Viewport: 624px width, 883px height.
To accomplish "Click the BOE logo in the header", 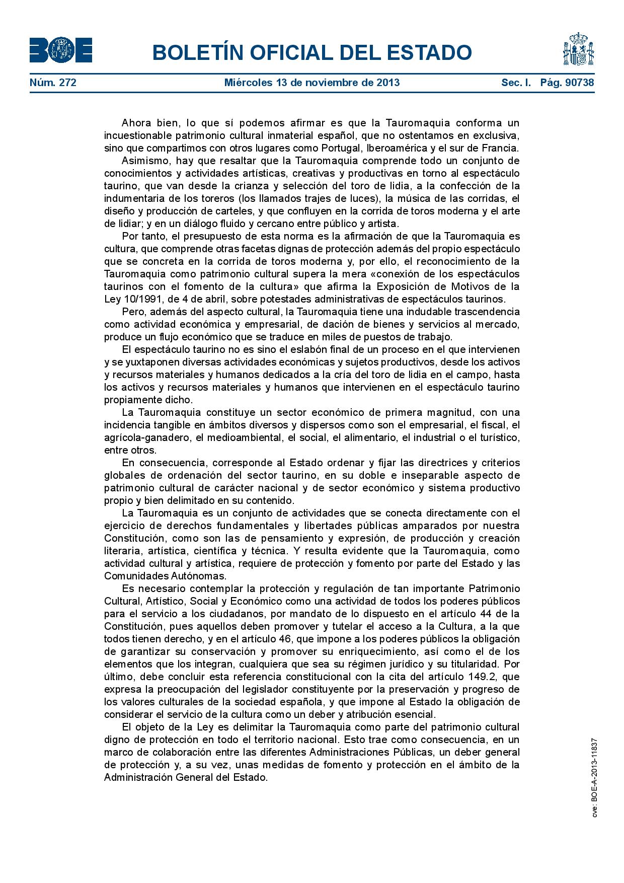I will coord(60,50).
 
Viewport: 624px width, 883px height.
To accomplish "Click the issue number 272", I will coord(67,83).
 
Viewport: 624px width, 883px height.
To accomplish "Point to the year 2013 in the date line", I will coord(388,83).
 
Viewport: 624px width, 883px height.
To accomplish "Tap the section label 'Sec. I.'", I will coord(516,83).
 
